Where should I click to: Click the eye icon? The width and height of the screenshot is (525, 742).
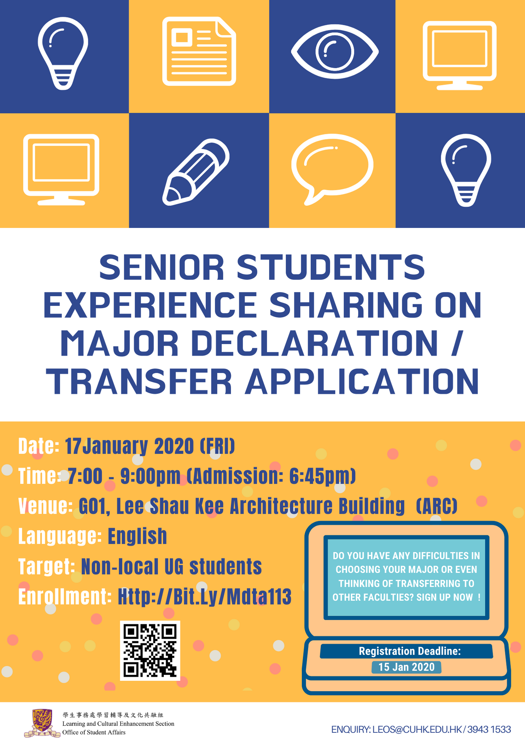click(x=335, y=51)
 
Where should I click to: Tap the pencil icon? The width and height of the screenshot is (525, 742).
click(x=196, y=172)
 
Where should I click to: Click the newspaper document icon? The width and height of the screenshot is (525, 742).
click(x=199, y=51)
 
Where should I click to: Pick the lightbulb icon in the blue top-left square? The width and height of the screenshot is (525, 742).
click(x=63, y=53)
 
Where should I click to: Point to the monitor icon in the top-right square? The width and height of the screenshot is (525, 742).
click(x=460, y=55)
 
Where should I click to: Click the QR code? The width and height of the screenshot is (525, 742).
click(x=150, y=650)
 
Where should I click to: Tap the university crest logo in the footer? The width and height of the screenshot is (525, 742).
click(x=42, y=722)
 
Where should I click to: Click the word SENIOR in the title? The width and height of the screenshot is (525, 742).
click(x=162, y=267)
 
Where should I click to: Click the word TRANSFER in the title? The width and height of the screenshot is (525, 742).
click(x=139, y=382)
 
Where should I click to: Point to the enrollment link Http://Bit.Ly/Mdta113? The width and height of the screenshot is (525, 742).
click(x=205, y=596)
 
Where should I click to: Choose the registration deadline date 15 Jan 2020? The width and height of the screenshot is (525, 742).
click(x=407, y=667)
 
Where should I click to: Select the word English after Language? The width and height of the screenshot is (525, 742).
click(x=137, y=536)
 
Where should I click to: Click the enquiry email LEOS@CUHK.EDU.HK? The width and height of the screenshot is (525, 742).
click(x=417, y=729)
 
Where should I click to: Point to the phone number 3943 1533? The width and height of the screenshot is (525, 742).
click(x=489, y=729)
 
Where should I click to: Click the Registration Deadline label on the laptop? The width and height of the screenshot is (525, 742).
click(x=410, y=651)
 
